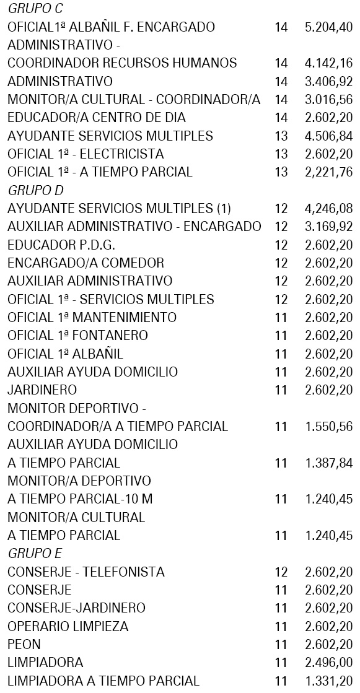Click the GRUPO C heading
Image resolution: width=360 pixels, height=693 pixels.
[x=37, y=9]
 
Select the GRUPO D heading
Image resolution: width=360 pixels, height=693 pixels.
[x=37, y=190]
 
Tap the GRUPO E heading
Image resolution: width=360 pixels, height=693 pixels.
[x=36, y=553]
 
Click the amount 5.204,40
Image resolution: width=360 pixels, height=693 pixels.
[x=328, y=27]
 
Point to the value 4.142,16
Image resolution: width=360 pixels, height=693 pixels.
[x=328, y=63]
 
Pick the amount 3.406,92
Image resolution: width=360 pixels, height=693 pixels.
[x=328, y=81]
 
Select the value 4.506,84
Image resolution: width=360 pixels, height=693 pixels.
[x=328, y=136]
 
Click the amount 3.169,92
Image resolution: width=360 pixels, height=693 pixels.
[x=328, y=227]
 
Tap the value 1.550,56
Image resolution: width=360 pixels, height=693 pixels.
[x=328, y=427]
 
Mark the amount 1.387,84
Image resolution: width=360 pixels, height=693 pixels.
[x=328, y=463]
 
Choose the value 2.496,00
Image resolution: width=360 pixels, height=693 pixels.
[x=328, y=645]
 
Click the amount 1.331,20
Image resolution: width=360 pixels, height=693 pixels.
[x=328, y=681]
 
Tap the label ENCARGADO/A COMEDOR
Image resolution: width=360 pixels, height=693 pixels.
[x=86, y=263]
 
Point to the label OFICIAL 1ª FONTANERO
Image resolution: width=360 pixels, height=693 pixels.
[x=77, y=336]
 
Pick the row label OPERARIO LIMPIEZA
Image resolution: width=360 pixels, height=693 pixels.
[x=68, y=627]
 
